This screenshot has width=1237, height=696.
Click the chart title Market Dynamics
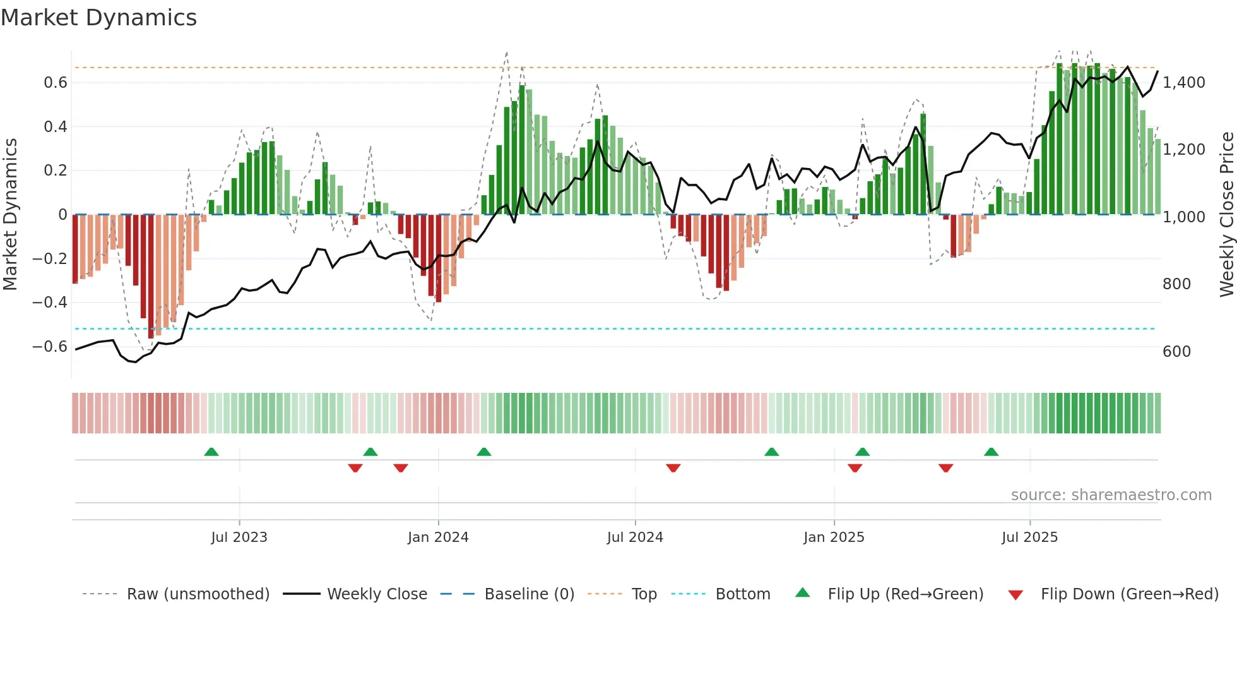(98, 18)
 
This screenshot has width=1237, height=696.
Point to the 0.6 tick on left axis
(55, 83)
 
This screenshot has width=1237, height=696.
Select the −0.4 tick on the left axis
(50, 303)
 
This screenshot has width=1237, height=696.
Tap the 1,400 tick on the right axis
(1183, 83)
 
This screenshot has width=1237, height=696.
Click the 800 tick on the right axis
(1176, 284)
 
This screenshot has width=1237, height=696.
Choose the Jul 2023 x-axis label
(239, 537)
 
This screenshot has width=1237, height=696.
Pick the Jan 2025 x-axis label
(834, 537)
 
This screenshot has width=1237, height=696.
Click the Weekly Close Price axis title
(1226, 214)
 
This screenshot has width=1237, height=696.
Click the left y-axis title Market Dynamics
(10, 214)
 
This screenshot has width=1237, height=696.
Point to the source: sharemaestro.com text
(1111, 495)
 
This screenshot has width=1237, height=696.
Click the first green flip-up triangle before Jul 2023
(211, 452)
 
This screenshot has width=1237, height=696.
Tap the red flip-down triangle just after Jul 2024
(673, 468)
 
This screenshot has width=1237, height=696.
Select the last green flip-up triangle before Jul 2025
(991, 452)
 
